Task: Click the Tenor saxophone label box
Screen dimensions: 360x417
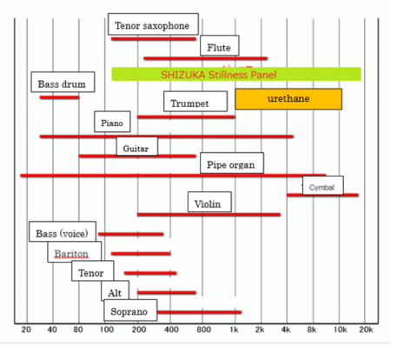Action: pos(153,26)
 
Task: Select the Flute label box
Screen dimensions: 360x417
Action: pos(220,46)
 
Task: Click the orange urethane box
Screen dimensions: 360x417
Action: pos(288,98)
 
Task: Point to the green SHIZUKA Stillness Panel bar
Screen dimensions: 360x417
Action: pos(235,74)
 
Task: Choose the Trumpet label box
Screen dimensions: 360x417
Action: pos(190,103)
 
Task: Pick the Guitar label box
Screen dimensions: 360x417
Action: pos(136,149)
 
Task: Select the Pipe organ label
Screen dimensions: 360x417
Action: pos(231,163)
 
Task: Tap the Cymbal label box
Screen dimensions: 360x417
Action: pos(321,187)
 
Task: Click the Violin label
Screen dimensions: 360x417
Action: pos(208,203)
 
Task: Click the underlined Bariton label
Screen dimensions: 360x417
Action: pos(71,253)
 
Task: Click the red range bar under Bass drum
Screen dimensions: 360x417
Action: pos(59,97)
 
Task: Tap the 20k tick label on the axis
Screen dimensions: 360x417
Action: pos(366,330)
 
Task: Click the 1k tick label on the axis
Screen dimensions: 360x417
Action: pos(234,330)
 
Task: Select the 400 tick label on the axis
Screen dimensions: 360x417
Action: pos(171,330)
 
